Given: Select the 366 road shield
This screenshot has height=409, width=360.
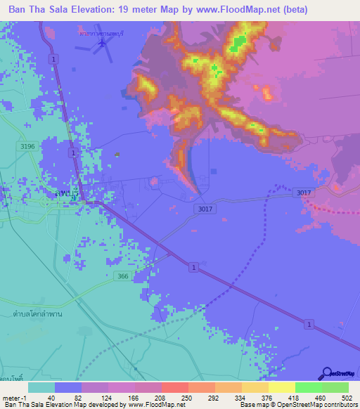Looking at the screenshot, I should point(123,277).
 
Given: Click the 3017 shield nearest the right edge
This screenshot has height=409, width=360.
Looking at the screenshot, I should point(304,193).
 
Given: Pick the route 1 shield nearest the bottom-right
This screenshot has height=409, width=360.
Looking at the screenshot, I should point(308,323).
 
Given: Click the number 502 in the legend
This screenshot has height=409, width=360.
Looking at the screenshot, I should point(346,397).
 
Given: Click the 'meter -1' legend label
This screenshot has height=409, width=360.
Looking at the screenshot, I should point(14,397).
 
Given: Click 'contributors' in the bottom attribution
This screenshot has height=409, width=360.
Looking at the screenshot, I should point(340,405).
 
